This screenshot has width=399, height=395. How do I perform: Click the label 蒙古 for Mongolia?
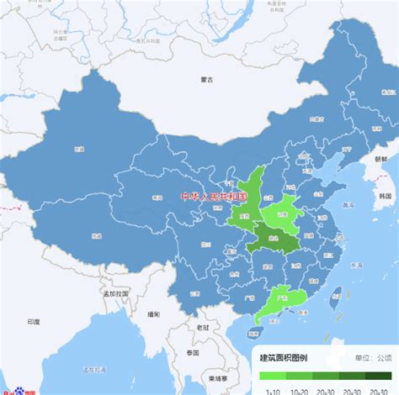207,80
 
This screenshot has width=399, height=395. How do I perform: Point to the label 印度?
33,322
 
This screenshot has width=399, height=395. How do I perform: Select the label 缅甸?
152,314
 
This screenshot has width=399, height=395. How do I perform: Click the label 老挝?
202,327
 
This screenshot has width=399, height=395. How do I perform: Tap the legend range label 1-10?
273,390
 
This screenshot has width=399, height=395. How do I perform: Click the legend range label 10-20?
300,390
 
